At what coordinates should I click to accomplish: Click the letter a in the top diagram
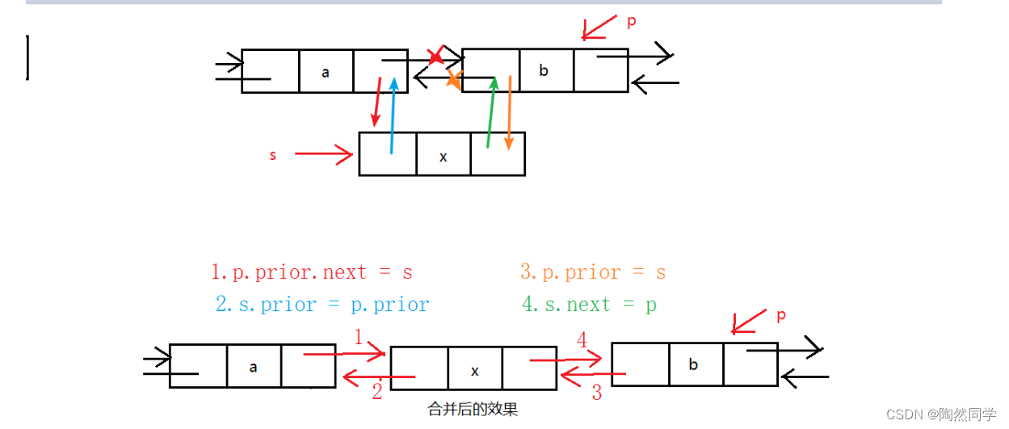click(x=326, y=72)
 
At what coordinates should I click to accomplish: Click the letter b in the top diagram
click(x=544, y=70)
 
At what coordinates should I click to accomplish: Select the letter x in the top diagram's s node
click(x=443, y=157)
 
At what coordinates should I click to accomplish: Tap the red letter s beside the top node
click(x=273, y=155)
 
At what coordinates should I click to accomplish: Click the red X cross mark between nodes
click(x=435, y=56)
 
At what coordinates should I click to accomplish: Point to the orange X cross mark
click(x=454, y=78)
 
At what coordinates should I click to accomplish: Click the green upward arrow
click(x=490, y=113)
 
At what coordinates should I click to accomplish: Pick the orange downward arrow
click(x=509, y=113)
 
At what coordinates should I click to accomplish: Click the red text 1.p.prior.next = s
click(x=312, y=272)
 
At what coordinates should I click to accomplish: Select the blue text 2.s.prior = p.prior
click(x=322, y=305)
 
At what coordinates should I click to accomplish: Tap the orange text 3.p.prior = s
click(x=593, y=272)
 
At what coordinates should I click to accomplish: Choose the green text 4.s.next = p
click(x=589, y=305)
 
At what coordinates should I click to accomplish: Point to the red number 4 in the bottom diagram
click(x=582, y=340)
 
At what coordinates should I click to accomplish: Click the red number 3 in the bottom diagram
click(x=596, y=393)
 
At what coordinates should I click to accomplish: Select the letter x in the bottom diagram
click(x=475, y=371)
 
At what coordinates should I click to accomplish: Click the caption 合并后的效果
click(x=473, y=410)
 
